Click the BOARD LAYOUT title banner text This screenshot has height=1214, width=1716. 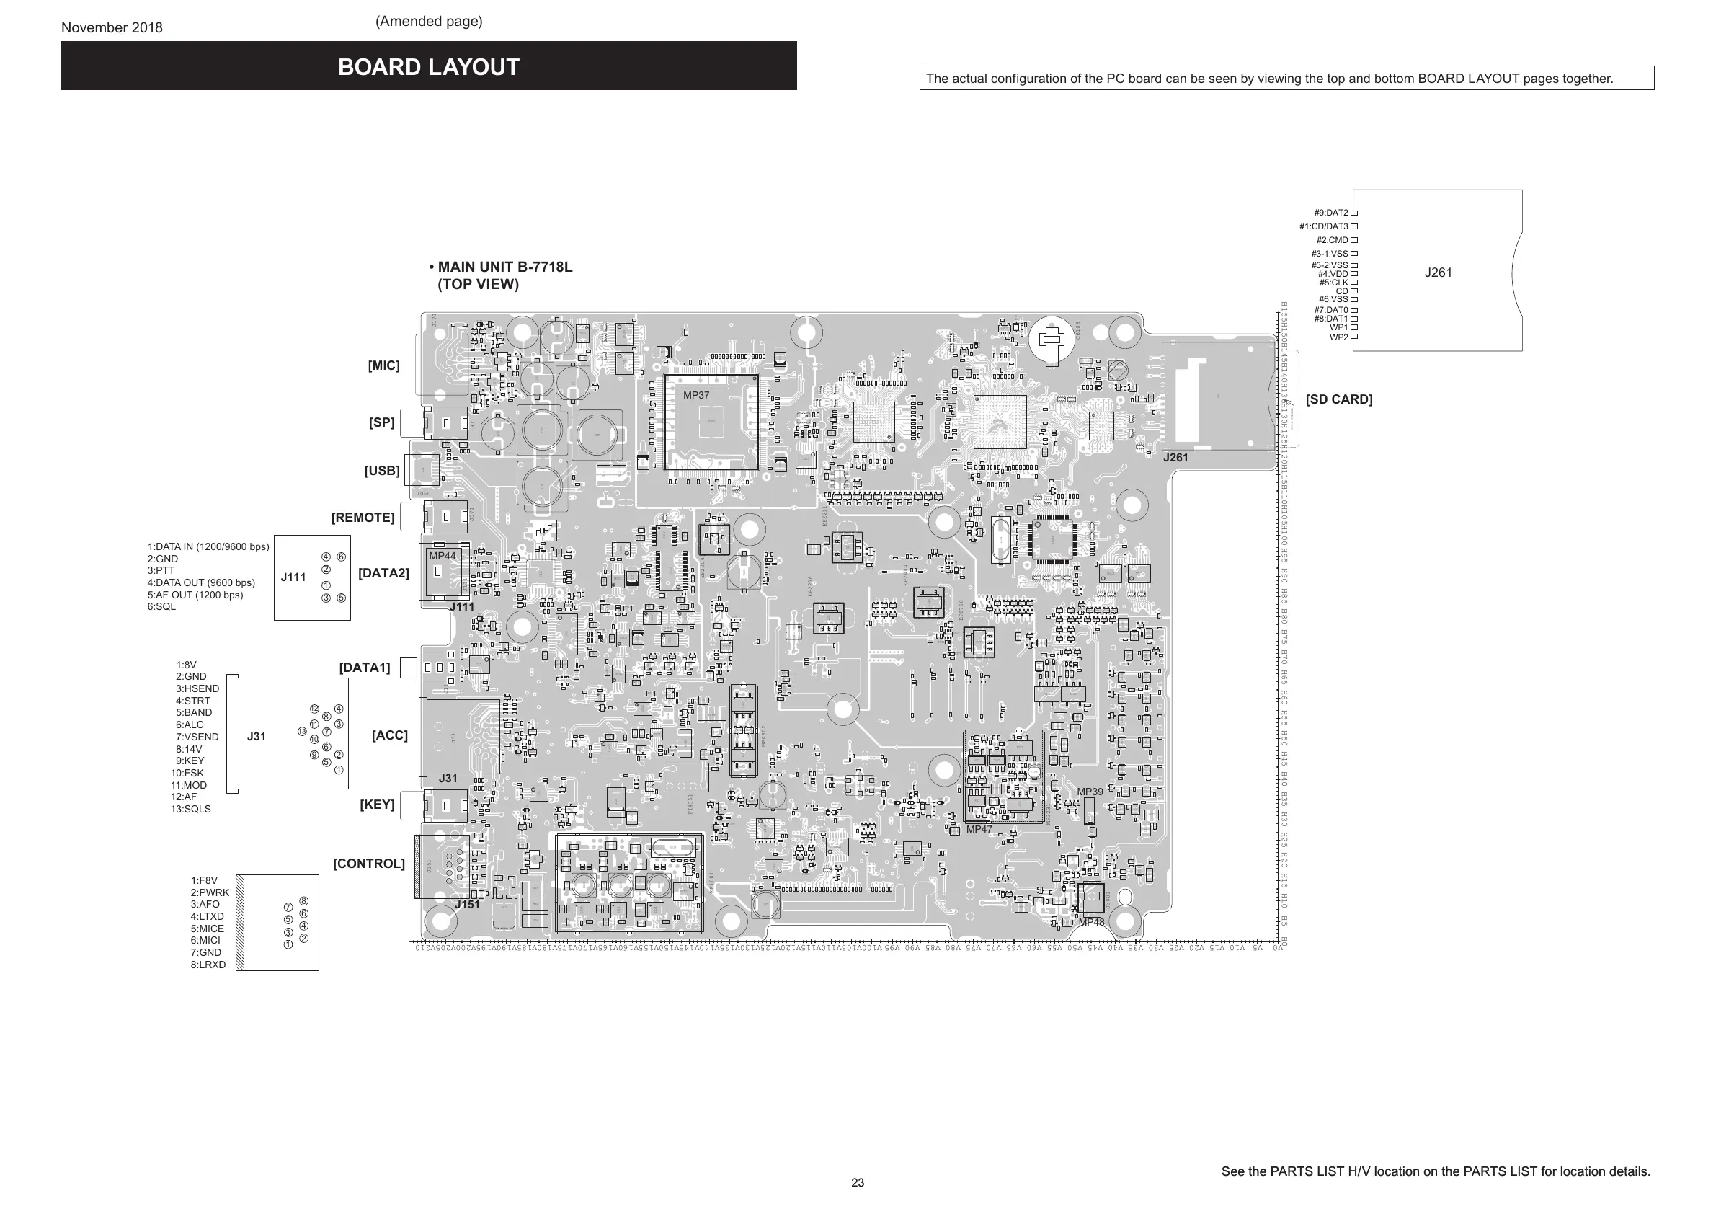pyautogui.click(x=428, y=67)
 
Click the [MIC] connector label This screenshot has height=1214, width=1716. pyautogui.click(x=383, y=365)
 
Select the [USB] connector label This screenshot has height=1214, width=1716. pyautogui.click(x=382, y=471)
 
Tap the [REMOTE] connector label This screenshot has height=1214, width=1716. pyautogui.click(x=363, y=518)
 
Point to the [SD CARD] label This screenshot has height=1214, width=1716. pyautogui.click(x=1338, y=399)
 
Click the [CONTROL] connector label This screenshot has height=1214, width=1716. pyautogui.click(x=368, y=864)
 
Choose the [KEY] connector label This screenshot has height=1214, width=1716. pyautogui.click(x=377, y=805)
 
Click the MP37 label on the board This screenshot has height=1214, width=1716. pyautogui.click(x=695, y=396)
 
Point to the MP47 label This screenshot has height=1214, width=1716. pyautogui.click(x=979, y=829)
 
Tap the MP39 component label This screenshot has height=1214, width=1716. pyautogui.click(x=1090, y=792)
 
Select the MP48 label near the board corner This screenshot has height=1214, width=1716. pyautogui.click(x=1091, y=923)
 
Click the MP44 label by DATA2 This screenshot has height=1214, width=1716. pyautogui.click(x=442, y=556)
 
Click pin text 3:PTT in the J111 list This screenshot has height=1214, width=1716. pyautogui.click(x=161, y=570)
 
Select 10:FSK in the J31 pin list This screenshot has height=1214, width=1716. pyautogui.click(x=187, y=773)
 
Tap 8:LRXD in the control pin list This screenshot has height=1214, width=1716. pyautogui.click(x=208, y=965)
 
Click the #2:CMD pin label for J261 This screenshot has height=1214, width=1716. pyautogui.click(x=1332, y=240)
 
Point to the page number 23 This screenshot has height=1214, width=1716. pyautogui.click(x=857, y=1182)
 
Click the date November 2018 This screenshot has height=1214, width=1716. pyautogui.click(x=112, y=27)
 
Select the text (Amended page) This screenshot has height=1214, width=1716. pyautogui.click(x=428, y=21)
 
